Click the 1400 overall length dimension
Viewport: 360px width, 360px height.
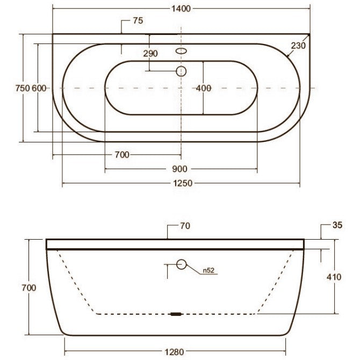tap(181, 9)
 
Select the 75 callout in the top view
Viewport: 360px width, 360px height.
tap(138, 20)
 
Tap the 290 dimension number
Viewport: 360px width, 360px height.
tap(150, 54)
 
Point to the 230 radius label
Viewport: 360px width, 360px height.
tap(298, 46)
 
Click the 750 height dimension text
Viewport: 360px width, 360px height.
tap(23, 88)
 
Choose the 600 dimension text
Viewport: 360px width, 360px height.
tap(39, 88)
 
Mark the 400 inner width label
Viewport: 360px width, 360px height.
tap(204, 88)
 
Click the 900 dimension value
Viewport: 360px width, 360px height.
tap(179, 169)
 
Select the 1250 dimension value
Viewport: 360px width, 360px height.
tap(183, 183)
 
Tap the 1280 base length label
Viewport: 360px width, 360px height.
tap(175, 352)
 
